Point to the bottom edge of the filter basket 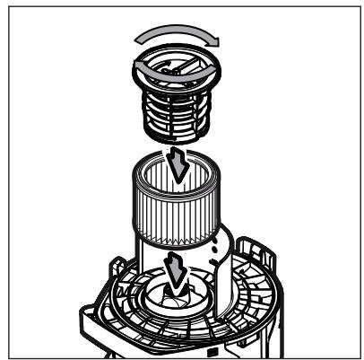[x=178, y=145]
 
